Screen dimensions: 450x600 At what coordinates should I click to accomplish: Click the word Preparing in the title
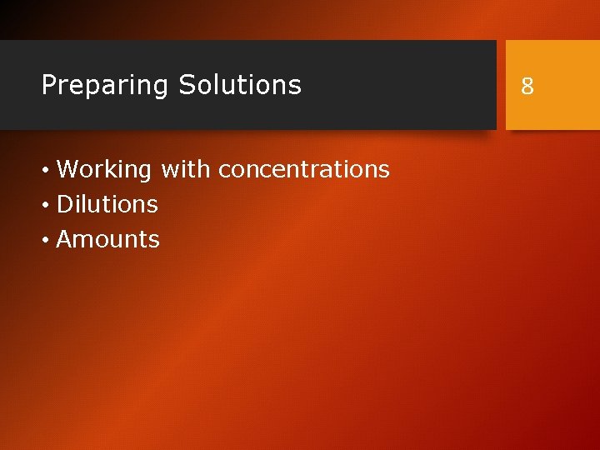[105, 85]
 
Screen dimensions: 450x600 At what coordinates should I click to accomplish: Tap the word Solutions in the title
[240, 85]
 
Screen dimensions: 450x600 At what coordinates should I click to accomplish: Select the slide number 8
[527, 85]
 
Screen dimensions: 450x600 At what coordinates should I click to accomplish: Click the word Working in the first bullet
[103, 170]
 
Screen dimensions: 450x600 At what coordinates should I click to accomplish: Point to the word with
[186, 169]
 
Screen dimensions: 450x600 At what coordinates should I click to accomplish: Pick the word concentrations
[304, 170]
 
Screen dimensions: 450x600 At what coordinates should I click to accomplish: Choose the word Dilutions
[107, 204]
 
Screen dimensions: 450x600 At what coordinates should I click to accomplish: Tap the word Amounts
[107, 240]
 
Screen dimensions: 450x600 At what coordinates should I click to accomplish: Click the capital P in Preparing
[48, 85]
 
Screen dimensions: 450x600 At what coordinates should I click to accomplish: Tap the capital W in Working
[67, 170]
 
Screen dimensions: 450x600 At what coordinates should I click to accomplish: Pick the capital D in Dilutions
[64, 204]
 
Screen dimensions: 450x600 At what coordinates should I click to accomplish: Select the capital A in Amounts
[64, 240]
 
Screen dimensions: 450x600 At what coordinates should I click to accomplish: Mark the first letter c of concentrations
[223, 171]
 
